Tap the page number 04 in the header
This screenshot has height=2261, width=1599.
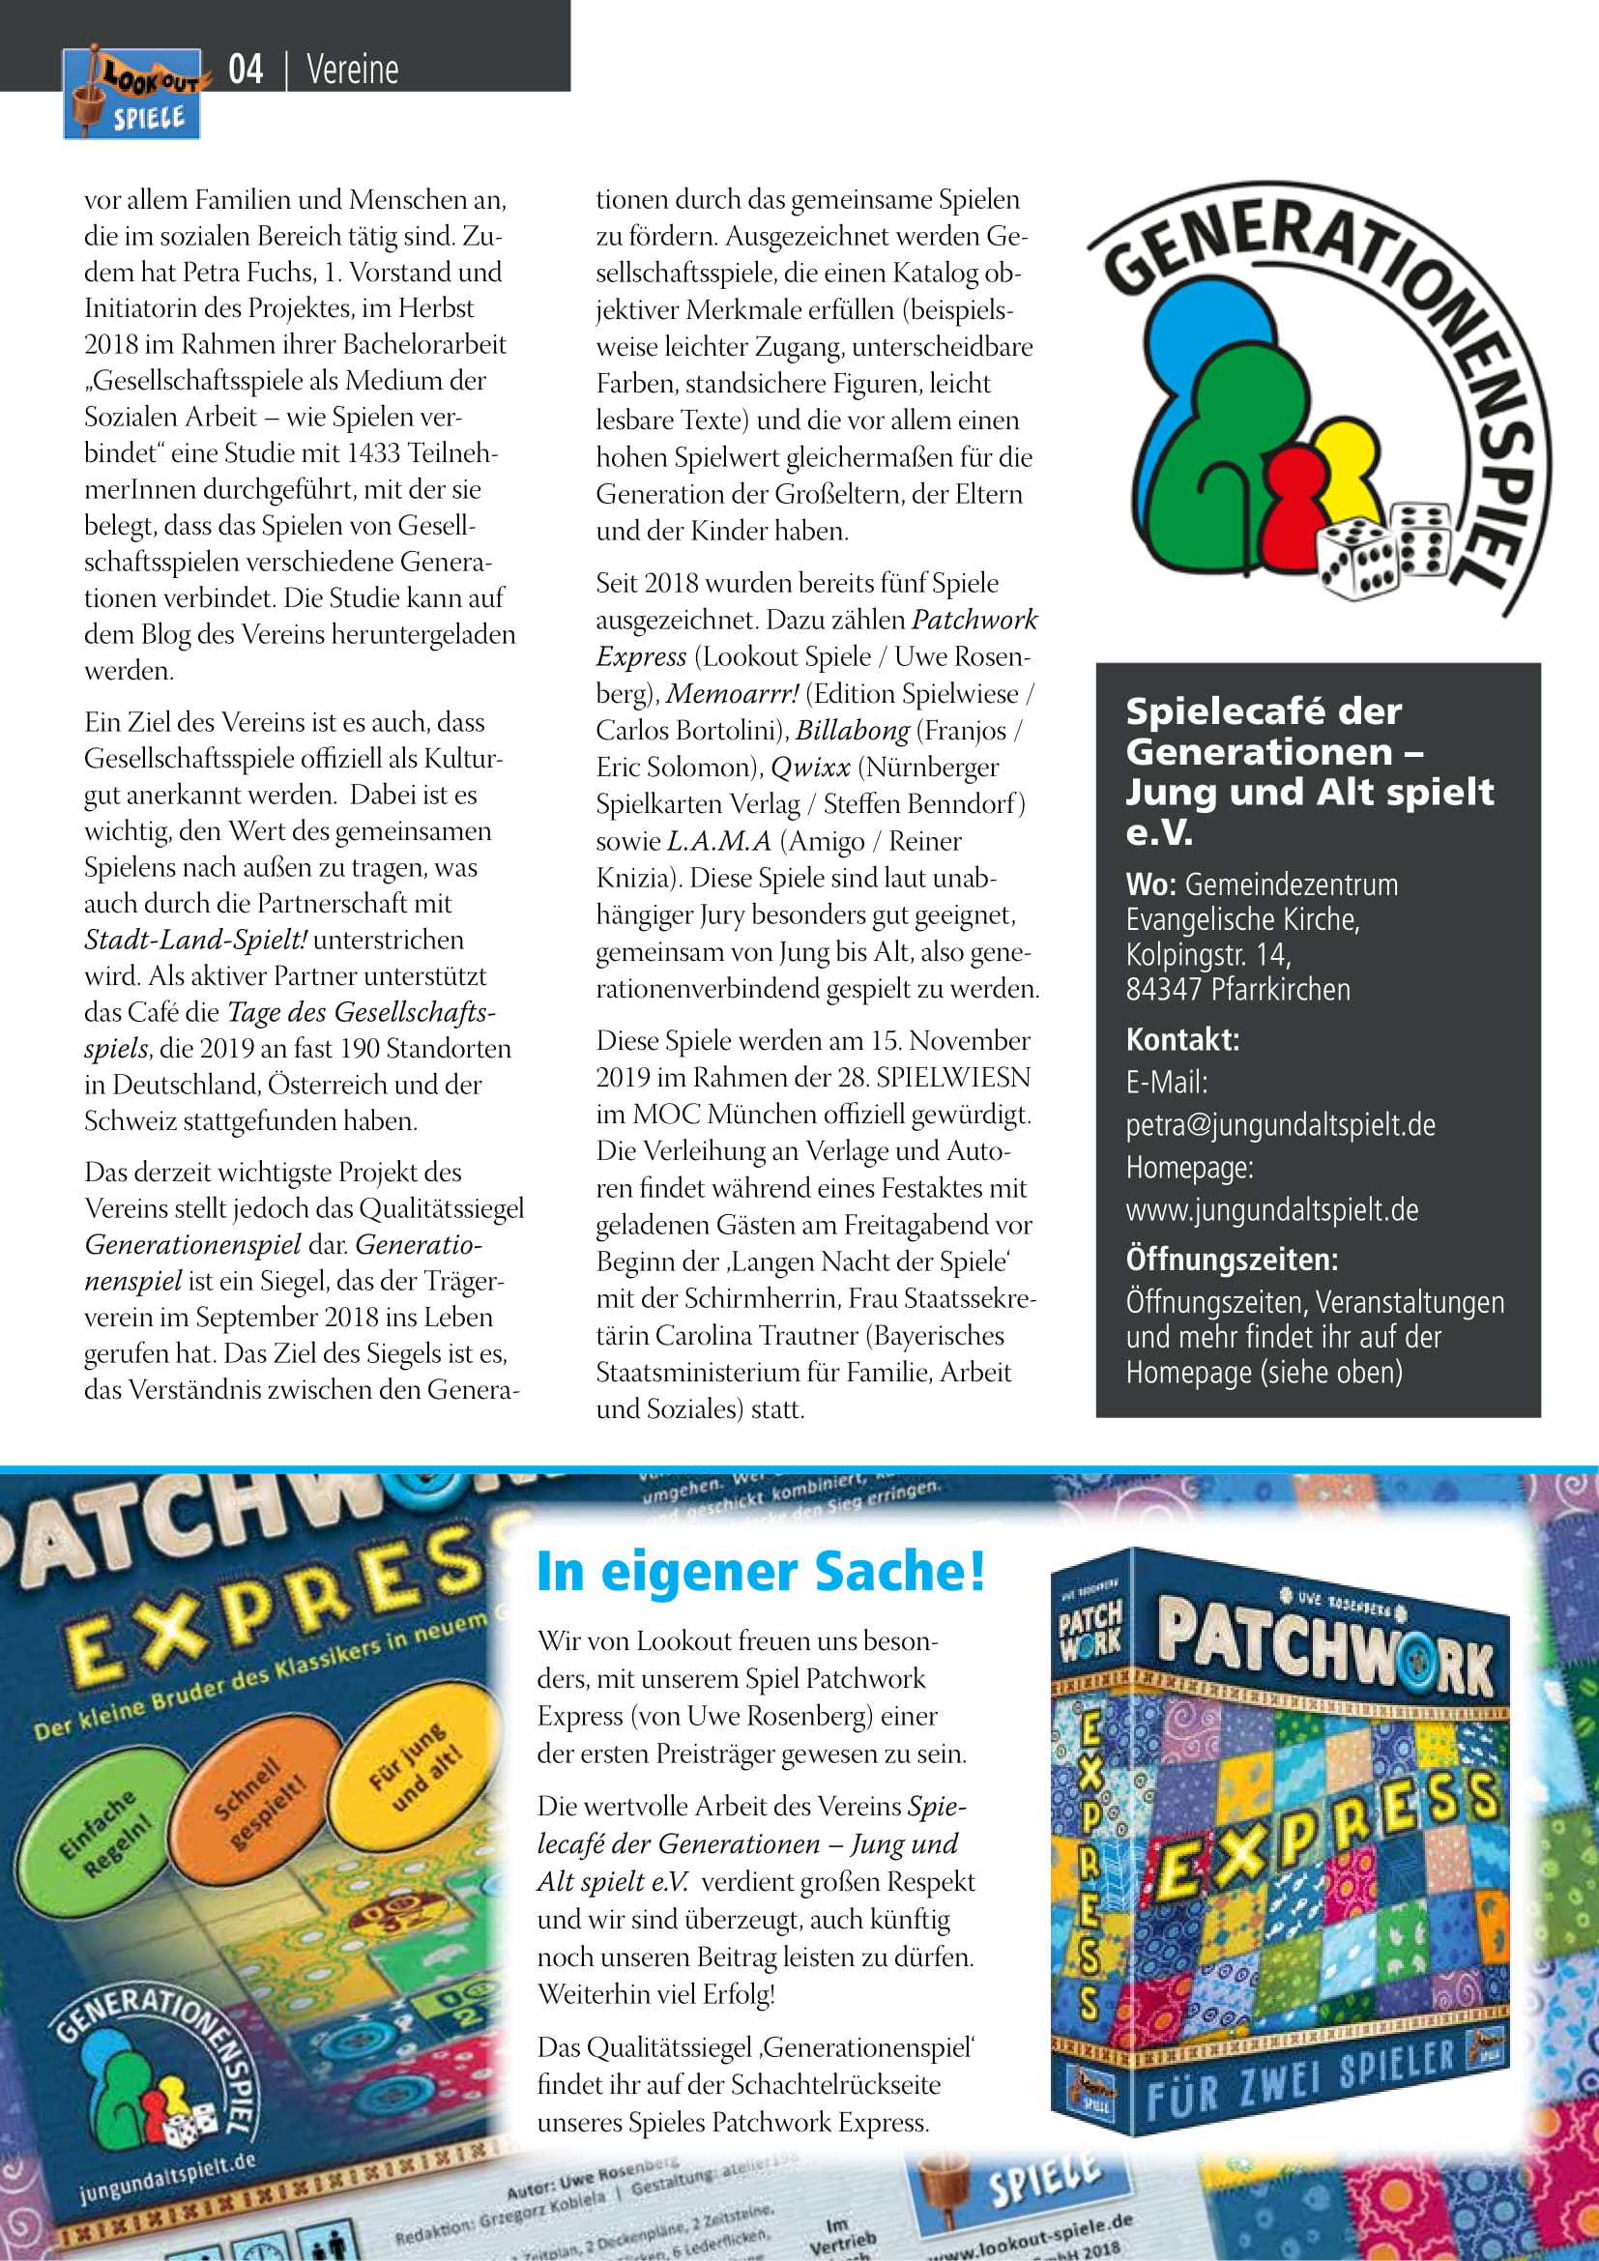(246, 70)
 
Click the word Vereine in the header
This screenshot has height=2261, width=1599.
(353, 70)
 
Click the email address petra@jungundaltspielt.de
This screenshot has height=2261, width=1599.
(1280, 1124)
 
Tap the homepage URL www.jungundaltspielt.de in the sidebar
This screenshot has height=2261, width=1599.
(1272, 1209)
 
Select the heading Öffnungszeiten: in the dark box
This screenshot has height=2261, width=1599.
(1232, 1260)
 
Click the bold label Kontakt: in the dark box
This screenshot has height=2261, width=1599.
(1182, 1039)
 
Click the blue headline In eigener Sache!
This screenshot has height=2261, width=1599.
(760, 1573)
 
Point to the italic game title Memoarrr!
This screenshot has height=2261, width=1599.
(733, 694)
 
